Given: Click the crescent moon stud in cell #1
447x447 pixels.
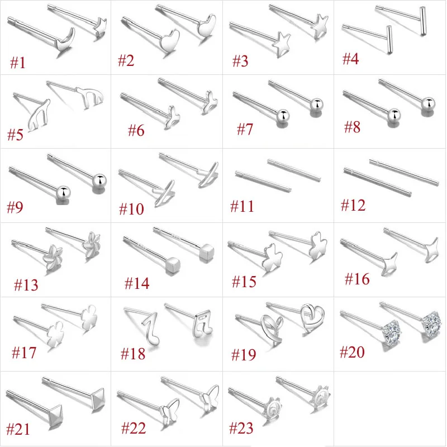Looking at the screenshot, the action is pyautogui.click(x=65, y=40).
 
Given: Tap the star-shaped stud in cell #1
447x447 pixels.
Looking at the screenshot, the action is pyautogui.click(x=101, y=27).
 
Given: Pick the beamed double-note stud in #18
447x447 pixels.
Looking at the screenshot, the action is pyautogui.click(x=202, y=324).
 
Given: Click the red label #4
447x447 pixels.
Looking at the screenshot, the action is pyautogui.click(x=350, y=59).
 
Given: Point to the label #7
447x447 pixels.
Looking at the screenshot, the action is pyautogui.click(x=245, y=129).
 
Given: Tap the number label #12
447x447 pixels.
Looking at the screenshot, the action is pyautogui.click(x=353, y=205).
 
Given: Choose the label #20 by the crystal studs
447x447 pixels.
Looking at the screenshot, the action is pyautogui.click(x=352, y=352).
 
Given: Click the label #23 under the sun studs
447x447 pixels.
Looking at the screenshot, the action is pyautogui.click(x=241, y=428).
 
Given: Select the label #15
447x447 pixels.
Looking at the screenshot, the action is pyautogui.click(x=244, y=282).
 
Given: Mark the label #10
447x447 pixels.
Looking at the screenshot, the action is pyautogui.click(x=131, y=209).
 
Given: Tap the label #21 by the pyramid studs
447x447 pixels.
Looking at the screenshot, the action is pyautogui.click(x=18, y=429).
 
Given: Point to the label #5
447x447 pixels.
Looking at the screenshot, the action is pyautogui.click(x=15, y=135).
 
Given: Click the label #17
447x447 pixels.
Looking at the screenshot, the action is pyautogui.click(x=24, y=353).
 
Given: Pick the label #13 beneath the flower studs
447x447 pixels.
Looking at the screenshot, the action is pyautogui.click(x=26, y=285).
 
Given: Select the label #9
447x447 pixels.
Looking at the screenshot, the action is pyautogui.click(x=15, y=207).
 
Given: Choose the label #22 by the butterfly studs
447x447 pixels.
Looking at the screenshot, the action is pyautogui.click(x=134, y=428).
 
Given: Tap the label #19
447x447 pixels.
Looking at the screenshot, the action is pyautogui.click(x=244, y=355).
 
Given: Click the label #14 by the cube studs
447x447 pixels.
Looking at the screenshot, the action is pyautogui.click(x=137, y=283).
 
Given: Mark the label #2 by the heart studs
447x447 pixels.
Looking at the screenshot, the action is pyautogui.click(x=126, y=61).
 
